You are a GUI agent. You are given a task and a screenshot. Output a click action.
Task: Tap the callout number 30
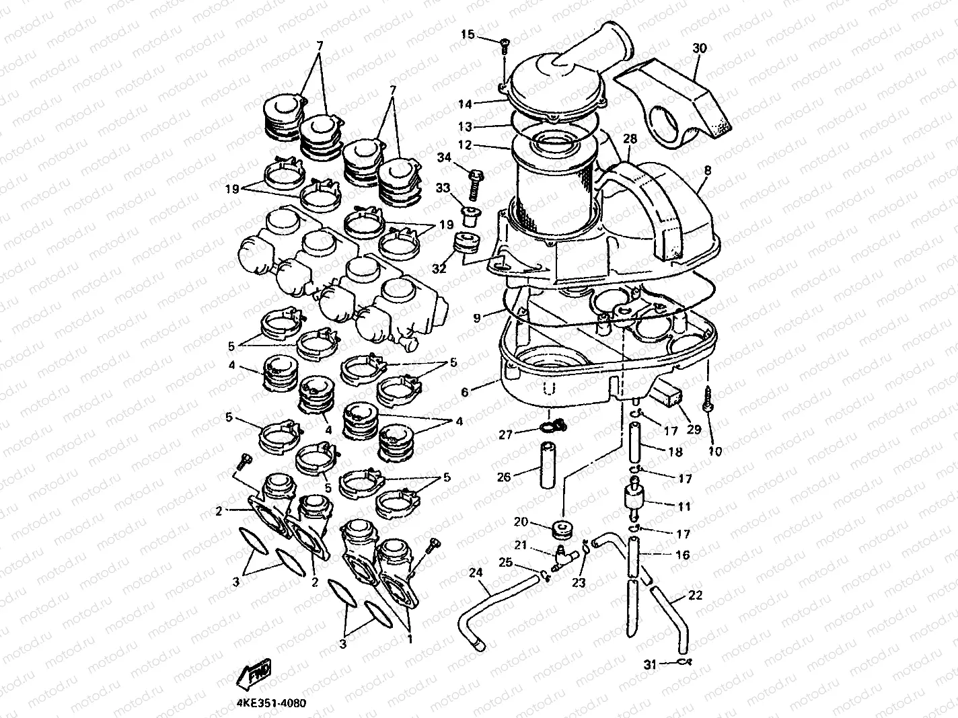[x=700, y=48]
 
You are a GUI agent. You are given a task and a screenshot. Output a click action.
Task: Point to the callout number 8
[x=707, y=172]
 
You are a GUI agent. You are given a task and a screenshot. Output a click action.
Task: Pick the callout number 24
[x=476, y=573]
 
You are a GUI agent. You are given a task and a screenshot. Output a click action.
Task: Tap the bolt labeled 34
[x=475, y=182]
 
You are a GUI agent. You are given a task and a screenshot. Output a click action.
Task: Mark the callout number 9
[x=477, y=318]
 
